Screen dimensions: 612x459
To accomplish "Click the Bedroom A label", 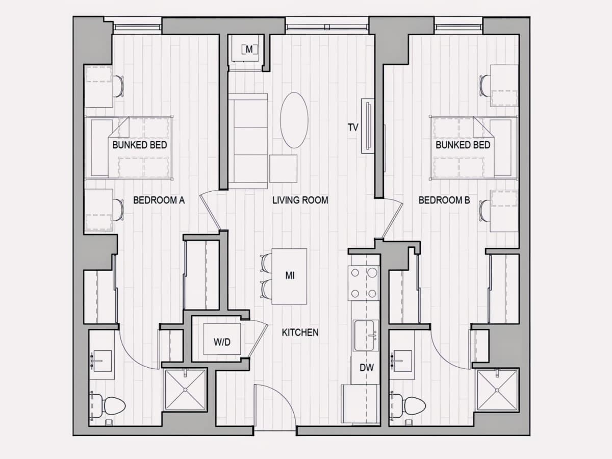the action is pos(159,200).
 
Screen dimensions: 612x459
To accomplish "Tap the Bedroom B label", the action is pos(444,200).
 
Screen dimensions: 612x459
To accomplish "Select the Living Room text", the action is pos(300,200).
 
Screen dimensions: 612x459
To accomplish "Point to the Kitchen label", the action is pos(300,333).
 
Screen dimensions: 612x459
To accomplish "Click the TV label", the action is pos(353,127).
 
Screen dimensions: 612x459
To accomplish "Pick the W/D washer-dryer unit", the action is pos(222,339).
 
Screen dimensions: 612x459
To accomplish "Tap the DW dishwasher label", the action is pos(367,368).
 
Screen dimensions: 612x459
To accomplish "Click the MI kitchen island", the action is pos(289,276).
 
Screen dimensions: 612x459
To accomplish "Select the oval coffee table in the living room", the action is pos(294,120).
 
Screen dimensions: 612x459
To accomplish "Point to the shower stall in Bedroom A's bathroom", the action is pos(185,390).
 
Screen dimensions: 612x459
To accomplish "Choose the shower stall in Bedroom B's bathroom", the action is pos(498,390).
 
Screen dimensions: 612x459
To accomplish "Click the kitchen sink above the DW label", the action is pos(366,336).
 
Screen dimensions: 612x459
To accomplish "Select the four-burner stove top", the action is pos(364,283).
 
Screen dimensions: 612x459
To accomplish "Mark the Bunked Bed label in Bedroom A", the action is pos(140,145).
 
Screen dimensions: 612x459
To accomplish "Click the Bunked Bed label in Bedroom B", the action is pos(463,145).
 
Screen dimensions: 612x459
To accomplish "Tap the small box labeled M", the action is pos(249,50).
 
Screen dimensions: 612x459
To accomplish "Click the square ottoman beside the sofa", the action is pos(283,169).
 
